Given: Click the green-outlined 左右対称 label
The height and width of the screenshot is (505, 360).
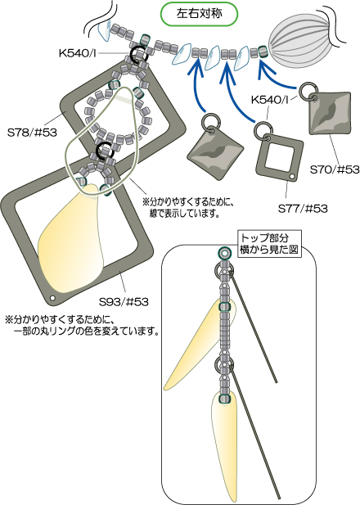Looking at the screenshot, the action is [x=200, y=14].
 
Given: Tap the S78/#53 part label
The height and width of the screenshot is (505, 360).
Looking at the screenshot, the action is [x=32, y=133].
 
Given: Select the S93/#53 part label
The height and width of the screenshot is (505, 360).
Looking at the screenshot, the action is [x=124, y=302].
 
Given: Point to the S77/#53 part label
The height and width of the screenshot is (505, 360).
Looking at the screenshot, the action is [x=303, y=209].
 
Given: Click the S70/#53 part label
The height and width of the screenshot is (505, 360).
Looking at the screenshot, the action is [x=335, y=169].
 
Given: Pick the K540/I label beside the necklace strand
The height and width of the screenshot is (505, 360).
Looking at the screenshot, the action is [x=78, y=53].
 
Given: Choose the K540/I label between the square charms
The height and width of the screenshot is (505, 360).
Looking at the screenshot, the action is [x=270, y=100].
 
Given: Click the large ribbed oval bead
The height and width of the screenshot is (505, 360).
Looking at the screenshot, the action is [x=297, y=40].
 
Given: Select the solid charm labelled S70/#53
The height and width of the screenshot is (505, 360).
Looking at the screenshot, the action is [x=330, y=114].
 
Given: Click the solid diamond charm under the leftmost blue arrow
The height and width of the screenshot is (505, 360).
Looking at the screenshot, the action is [x=215, y=156].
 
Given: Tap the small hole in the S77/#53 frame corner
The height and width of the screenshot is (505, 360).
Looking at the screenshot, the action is [x=292, y=176].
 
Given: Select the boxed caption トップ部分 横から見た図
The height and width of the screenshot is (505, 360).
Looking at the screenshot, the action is [x=269, y=243].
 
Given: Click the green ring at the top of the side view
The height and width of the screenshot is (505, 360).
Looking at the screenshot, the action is [x=224, y=253].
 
